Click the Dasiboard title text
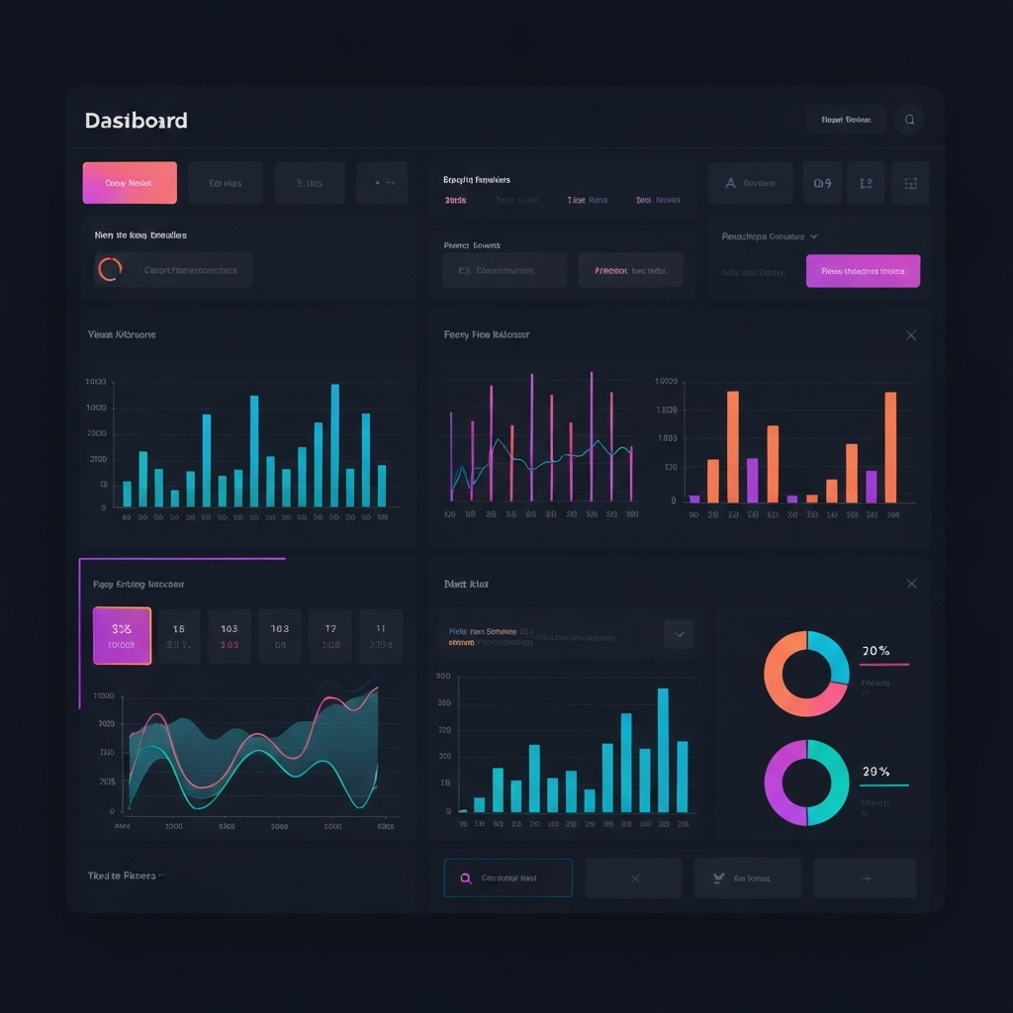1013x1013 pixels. (136, 121)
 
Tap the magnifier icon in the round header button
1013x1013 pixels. (909, 121)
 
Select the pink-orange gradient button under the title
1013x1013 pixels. (130, 183)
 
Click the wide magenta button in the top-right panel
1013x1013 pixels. (863, 271)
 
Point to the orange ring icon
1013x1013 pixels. (110, 269)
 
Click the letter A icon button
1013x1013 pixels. (731, 183)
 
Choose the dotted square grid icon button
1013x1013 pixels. (910, 183)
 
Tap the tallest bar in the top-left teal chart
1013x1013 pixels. (334, 445)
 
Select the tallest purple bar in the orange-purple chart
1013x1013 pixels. (752, 480)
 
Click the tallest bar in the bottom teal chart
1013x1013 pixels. (663, 750)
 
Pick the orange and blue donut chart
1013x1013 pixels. (806, 674)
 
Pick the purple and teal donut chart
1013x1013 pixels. (806, 783)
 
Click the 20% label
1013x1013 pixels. (875, 651)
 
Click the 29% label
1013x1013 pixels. (875, 772)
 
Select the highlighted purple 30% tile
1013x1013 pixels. (122, 635)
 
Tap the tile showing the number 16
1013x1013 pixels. (179, 635)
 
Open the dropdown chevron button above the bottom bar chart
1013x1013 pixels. (679, 634)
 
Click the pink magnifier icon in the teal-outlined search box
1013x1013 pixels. (465, 878)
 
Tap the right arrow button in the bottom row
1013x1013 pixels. (865, 878)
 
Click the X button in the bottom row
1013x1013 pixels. (634, 878)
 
